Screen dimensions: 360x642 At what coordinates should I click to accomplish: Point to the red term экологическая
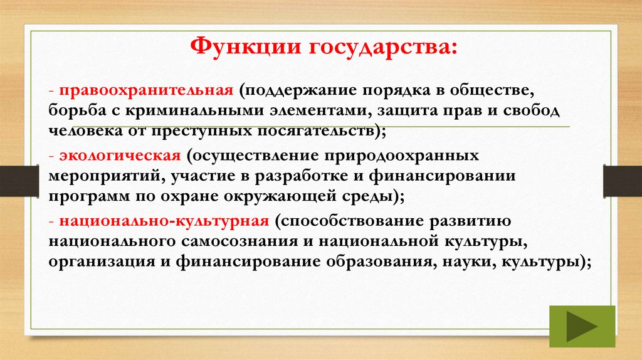pyautogui.click(x=121, y=155)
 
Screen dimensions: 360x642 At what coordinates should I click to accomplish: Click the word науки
pyautogui.click(x=463, y=262)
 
